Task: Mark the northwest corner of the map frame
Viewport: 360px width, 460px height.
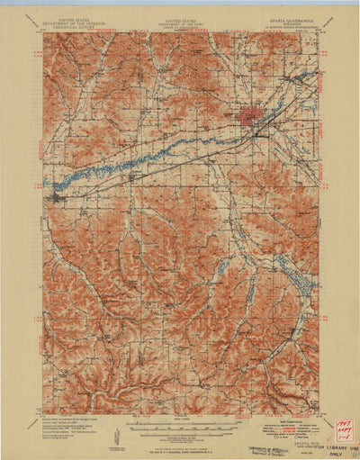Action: pyautogui.click(x=42, y=33)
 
